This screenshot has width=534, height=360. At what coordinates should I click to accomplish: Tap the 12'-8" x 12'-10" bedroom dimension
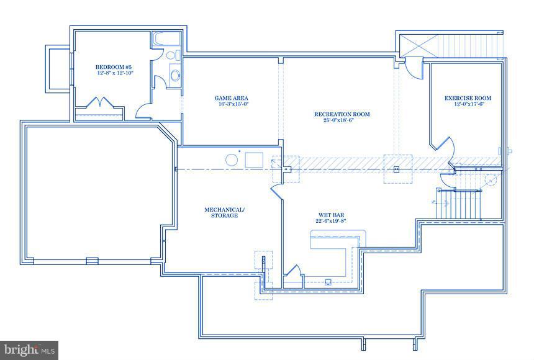pos(115,73)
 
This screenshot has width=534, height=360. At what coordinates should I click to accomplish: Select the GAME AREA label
pos(231,98)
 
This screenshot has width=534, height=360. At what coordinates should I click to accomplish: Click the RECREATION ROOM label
pos(342,114)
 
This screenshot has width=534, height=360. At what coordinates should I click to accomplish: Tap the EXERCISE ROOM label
pos(468,98)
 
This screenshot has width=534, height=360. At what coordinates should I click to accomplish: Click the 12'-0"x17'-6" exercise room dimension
pos(468,104)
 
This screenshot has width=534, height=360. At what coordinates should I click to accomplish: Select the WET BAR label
pos(328,215)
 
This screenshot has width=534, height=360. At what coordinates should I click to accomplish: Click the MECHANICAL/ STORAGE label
pos(224,212)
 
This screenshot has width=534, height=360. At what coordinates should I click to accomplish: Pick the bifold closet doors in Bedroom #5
pos(100,103)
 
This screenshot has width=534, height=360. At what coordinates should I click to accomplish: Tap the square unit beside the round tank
pos(253,160)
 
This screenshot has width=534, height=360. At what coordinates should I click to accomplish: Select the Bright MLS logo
pos(29,350)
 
